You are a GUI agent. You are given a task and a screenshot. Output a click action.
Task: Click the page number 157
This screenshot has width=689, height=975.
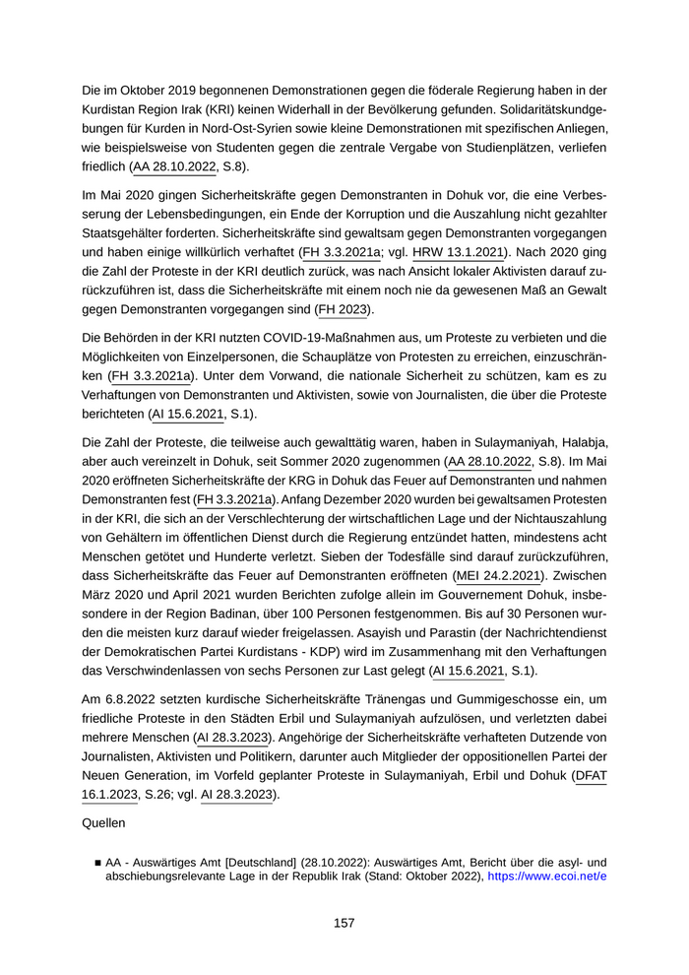pos(344,923)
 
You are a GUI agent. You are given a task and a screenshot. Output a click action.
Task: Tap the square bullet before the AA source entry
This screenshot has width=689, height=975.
pos(97,861)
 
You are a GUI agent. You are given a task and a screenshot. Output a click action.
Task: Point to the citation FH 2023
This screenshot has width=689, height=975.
pos(342,310)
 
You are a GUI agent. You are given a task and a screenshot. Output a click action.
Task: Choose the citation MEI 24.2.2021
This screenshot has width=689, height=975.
pos(498,575)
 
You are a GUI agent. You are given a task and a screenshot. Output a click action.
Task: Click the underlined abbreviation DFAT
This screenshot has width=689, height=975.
pos(591,776)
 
